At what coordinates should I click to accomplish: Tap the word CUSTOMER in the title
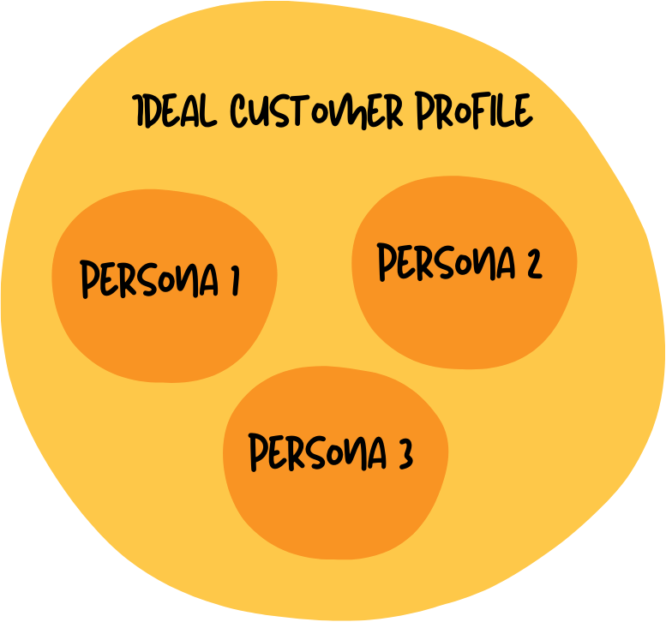point(315,112)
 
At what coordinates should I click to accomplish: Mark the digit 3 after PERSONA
point(405,454)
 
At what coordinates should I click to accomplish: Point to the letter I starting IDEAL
point(139,112)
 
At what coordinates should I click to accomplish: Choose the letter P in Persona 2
point(387,263)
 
